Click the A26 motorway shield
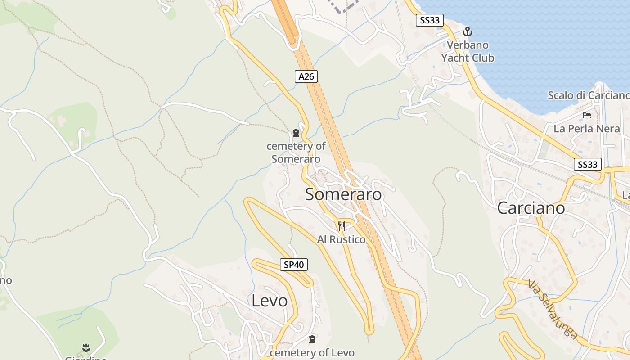pyautogui.click(x=306, y=76)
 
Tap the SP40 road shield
pyautogui.click(x=294, y=265)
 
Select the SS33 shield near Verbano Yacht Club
pyautogui.click(x=430, y=20)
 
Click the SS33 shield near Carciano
pyautogui.click(x=588, y=164)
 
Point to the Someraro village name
pyautogui.click(x=343, y=194)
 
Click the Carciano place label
pyautogui.click(x=531, y=208)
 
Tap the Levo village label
pyautogui.click(x=270, y=301)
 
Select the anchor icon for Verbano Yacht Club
pyautogui.click(x=468, y=31)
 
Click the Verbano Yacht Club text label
pyautogui.click(x=468, y=51)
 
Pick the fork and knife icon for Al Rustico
pyautogui.click(x=342, y=226)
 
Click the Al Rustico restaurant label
pyautogui.click(x=342, y=239)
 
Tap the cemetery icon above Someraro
pyautogui.click(x=296, y=132)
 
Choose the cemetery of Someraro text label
pyautogui.click(x=296, y=153)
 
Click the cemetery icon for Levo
pyautogui.click(x=312, y=339)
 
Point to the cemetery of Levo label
pyautogui.click(x=312, y=352)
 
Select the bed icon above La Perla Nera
pyautogui.click(x=587, y=115)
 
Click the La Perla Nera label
pyautogui.click(x=587, y=129)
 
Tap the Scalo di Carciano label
pyautogui.click(x=588, y=95)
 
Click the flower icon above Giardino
pyautogui.click(x=86, y=347)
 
